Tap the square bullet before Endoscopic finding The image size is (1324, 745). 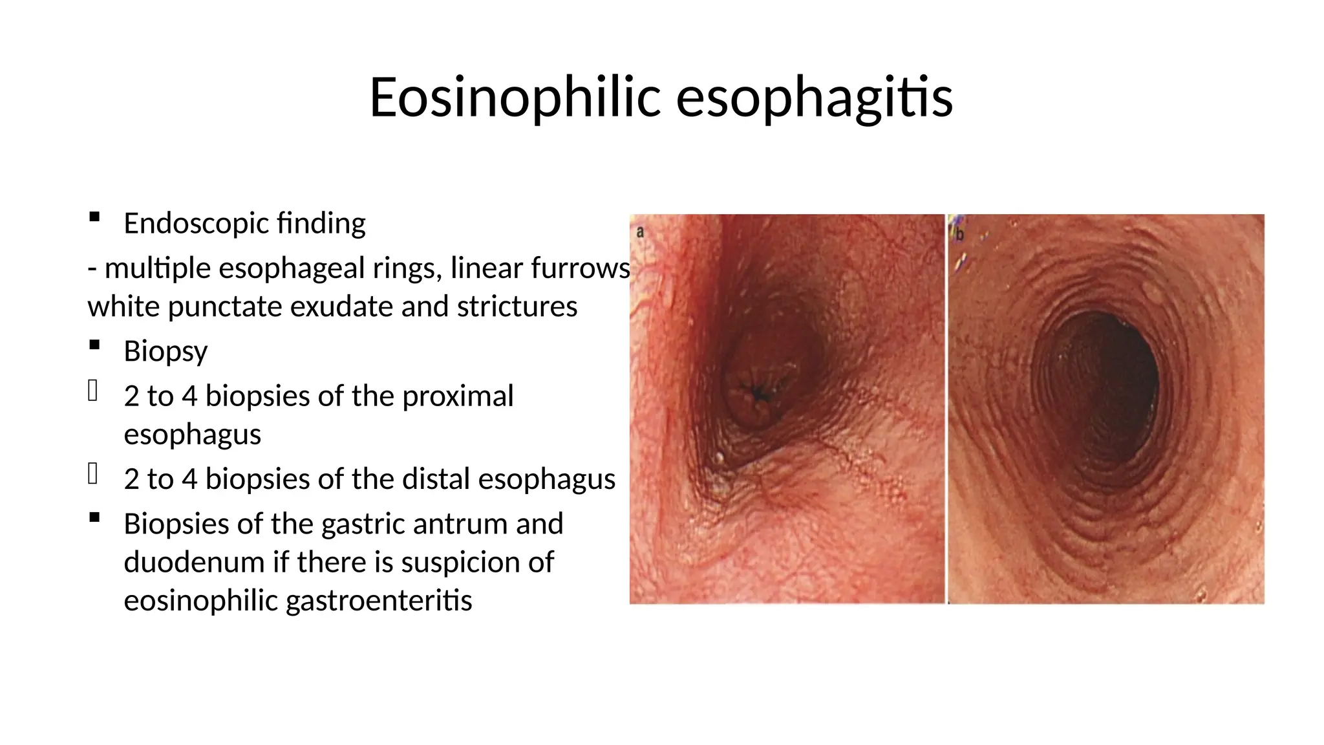tap(94, 217)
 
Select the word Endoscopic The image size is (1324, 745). tap(196, 224)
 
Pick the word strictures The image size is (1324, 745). tap(517, 307)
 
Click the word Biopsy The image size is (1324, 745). tap(165, 352)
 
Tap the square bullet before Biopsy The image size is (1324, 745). tap(94, 345)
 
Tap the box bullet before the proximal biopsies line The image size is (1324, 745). tap(93, 391)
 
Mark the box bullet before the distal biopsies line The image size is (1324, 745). tap(93, 474)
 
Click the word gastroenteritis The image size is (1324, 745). tap(379, 601)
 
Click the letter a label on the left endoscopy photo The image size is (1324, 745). tap(640, 232)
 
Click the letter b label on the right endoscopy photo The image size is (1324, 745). tap(960, 234)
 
